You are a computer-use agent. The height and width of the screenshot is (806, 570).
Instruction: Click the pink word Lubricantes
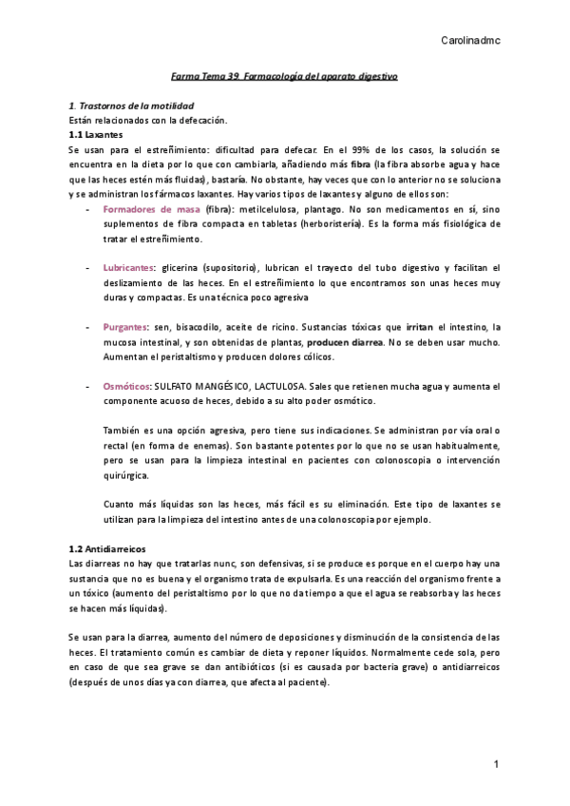(129, 268)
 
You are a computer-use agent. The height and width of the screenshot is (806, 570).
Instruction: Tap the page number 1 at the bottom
(496, 764)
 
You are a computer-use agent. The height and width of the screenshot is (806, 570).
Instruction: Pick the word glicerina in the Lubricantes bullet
(181, 268)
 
